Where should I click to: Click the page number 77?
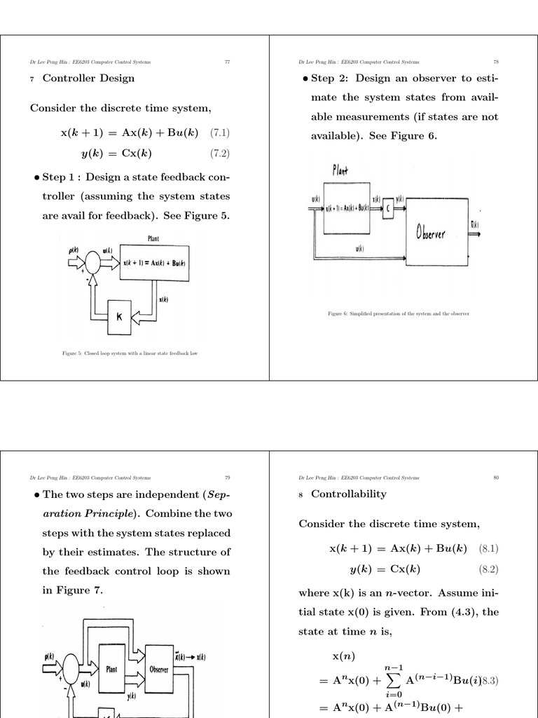tap(227, 62)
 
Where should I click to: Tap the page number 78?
tap(495, 62)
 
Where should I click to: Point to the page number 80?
tap(495, 477)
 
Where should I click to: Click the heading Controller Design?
tap(88, 78)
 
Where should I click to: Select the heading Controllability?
tap(348, 494)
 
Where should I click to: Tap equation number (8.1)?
tap(490, 548)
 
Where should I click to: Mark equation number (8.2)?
tap(490, 569)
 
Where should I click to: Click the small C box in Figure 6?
tap(388, 209)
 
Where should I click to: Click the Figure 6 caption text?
tap(398, 313)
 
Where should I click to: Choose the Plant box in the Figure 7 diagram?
tap(112, 669)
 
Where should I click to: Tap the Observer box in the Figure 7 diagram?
tap(158, 669)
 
